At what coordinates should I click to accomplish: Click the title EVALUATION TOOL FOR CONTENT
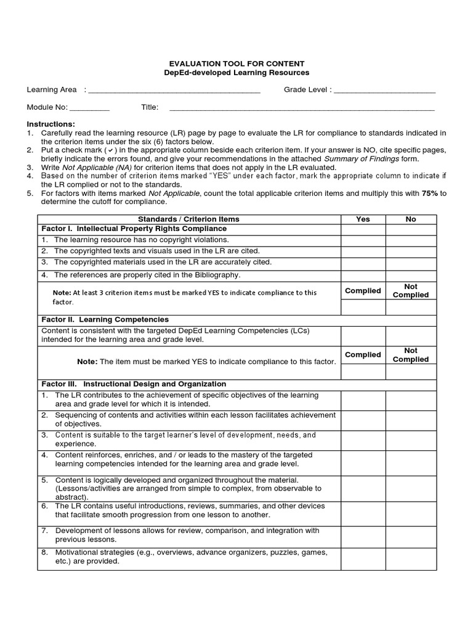click(x=237, y=64)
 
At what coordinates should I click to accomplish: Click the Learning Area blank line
click(x=174, y=91)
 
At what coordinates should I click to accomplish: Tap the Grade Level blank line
click(x=384, y=91)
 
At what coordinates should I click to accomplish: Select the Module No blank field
click(x=89, y=108)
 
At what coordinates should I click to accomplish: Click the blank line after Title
click(x=302, y=108)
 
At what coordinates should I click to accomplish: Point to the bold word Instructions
click(x=51, y=124)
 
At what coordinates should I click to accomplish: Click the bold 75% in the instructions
click(x=429, y=193)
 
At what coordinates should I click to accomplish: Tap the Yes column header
click(x=363, y=219)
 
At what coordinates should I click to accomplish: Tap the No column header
click(x=411, y=219)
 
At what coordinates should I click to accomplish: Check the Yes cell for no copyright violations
click(x=363, y=240)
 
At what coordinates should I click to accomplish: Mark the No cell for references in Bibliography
click(x=411, y=275)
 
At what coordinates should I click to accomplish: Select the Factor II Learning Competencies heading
click(x=105, y=320)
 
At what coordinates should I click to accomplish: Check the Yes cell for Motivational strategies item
click(x=363, y=557)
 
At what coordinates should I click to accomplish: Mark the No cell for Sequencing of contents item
click(x=411, y=420)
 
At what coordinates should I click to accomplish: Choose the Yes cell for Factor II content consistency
click(x=363, y=336)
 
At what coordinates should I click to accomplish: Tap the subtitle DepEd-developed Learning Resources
click(x=237, y=73)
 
